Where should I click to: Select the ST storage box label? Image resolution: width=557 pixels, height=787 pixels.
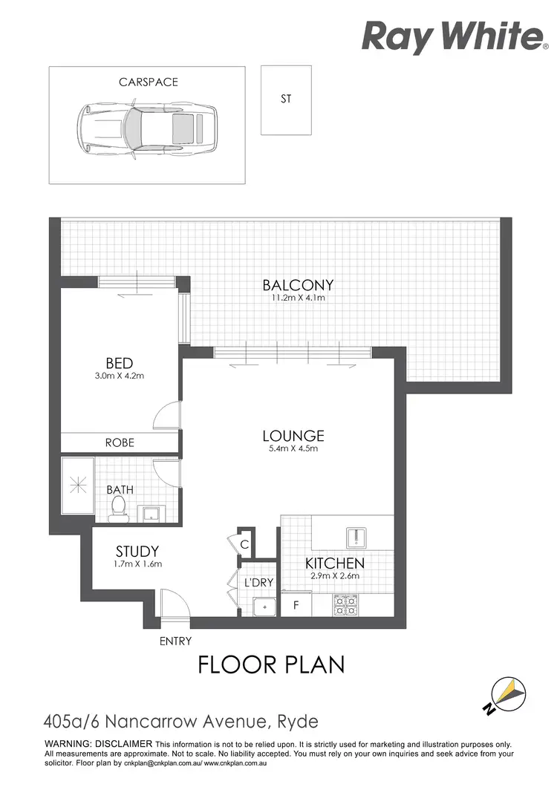tap(286, 98)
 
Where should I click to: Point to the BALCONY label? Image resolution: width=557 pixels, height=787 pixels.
tap(298, 284)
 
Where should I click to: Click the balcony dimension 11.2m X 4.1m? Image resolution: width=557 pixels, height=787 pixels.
tap(298, 298)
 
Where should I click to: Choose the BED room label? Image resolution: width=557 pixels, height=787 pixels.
tap(119, 363)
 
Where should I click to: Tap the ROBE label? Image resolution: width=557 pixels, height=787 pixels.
tap(119, 442)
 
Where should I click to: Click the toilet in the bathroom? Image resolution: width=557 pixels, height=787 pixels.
tap(117, 506)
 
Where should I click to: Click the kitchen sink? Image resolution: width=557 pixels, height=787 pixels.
tap(356, 536)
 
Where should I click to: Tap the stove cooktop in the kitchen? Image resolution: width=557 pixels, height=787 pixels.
tap(347, 605)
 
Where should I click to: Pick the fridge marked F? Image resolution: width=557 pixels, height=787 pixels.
tap(296, 605)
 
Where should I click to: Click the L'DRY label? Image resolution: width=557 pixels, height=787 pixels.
tap(258, 583)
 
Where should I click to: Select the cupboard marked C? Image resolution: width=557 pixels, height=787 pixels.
tap(244, 544)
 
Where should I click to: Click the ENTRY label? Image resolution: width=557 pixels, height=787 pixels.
tap(175, 641)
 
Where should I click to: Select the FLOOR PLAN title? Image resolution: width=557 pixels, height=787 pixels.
tap(271, 664)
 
